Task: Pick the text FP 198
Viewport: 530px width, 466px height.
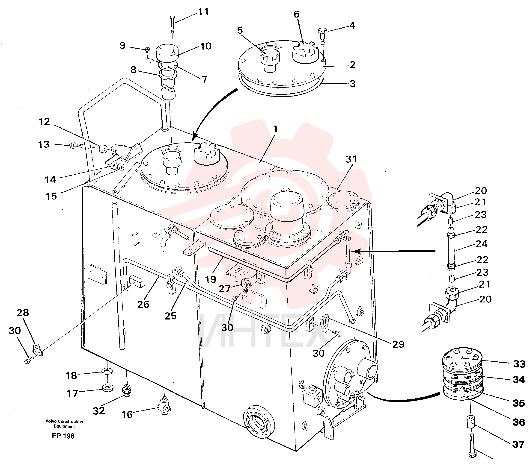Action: point(63,436)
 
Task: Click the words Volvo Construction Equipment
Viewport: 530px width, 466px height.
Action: point(64,424)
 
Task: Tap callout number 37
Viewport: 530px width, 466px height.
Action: point(518,445)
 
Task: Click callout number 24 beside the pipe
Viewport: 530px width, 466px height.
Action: point(482,244)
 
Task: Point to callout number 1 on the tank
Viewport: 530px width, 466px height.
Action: point(275,129)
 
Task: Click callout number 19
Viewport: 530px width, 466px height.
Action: point(211,279)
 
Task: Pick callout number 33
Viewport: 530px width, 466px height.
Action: point(519,364)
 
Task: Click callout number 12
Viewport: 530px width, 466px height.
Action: point(44,122)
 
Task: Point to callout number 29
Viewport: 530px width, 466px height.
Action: point(398,344)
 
